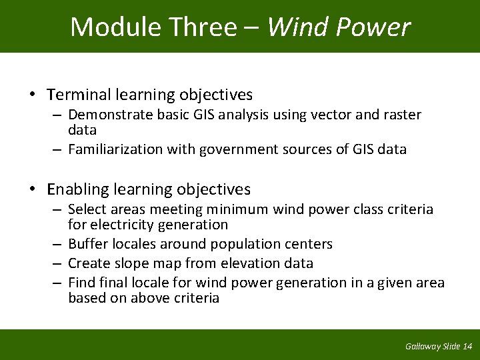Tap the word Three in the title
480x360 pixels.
(x=203, y=27)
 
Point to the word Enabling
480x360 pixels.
(x=77, y=189)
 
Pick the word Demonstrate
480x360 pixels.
(x=110, y=115)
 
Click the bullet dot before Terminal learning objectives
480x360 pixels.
(x=33, y=95)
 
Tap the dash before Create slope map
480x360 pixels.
(x=59, y=263)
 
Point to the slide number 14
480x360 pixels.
(x=467, y=346)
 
